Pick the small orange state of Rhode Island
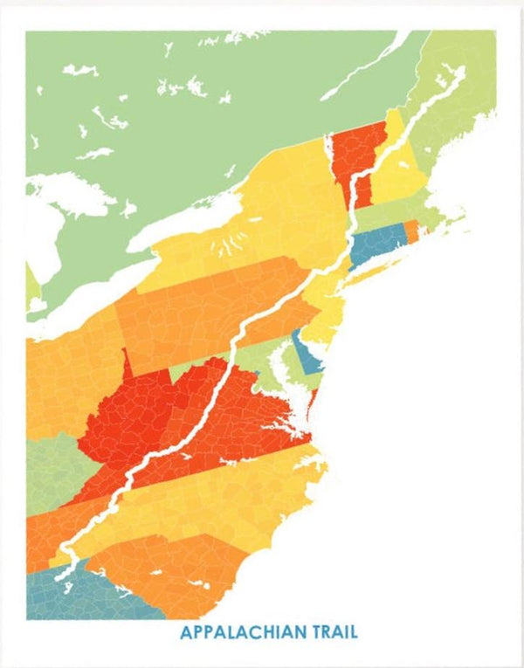(x=410, y=231)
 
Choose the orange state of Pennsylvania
(x=210, y=306)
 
